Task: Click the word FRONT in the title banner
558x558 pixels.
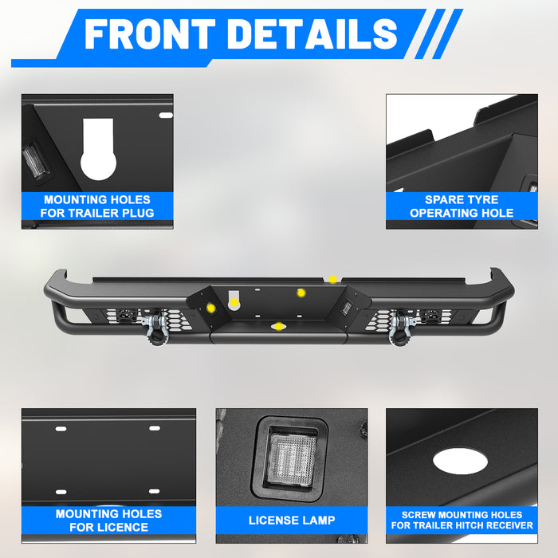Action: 150,33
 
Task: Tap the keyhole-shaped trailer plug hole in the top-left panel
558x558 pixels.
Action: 98,150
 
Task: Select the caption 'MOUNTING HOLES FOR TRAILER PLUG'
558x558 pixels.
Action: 97,206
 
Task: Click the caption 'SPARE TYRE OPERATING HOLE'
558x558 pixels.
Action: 462,206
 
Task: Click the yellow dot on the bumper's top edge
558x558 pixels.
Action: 332,279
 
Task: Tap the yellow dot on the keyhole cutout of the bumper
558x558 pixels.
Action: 234,303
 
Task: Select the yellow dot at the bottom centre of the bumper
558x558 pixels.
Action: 279,326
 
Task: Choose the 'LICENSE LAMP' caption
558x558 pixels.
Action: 292,521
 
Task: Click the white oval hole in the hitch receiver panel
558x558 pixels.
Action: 460,461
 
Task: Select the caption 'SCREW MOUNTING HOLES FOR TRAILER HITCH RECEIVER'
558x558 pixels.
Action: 462,520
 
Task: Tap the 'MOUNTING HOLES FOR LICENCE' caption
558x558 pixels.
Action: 109,521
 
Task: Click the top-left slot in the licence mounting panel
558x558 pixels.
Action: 61,429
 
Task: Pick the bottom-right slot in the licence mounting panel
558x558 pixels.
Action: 154,491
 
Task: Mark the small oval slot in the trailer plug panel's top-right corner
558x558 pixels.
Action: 166,116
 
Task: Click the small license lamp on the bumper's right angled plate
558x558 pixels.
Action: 345,307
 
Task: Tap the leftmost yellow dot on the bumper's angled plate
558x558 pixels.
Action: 211,308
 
